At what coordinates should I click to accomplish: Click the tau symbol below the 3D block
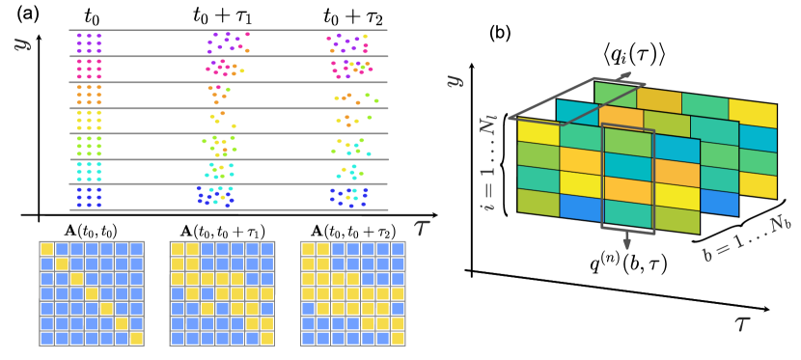(x=741, y=323)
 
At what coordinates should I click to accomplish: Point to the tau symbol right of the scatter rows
(x=422, y=227)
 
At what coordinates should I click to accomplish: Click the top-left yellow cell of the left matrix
(x=46, y=249)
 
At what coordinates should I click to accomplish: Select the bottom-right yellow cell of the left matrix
(x=136, y=338)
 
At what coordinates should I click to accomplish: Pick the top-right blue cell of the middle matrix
(x=266, y=249)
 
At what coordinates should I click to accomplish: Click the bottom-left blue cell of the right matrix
(x=308, y=338)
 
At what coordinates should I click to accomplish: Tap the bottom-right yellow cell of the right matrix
(x=398, y=338)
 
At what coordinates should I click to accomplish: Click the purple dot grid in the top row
(x=89, y=42)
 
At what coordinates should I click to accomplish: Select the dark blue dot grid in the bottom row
(x=89, y=197)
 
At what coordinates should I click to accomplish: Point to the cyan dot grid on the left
(x=89, y=171)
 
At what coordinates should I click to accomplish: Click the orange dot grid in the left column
(x=89, y=95)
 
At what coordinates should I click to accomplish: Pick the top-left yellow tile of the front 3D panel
(x=538, y=131)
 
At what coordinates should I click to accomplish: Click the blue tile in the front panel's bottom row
(x=580, y=207)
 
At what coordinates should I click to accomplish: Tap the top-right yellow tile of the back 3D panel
(x=753, y=113)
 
